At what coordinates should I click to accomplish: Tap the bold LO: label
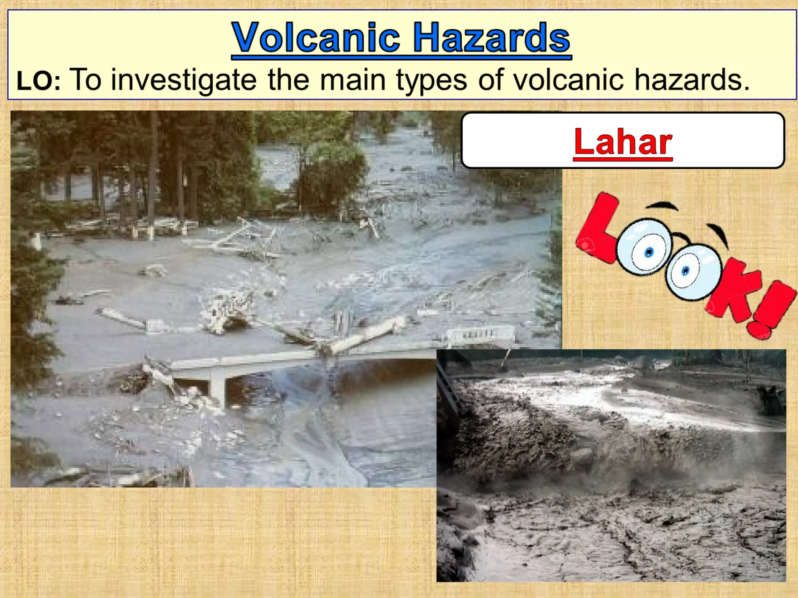coord(39,81)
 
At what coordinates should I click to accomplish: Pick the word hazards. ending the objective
coord(692,80)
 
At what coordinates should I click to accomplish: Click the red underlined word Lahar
coord(623,142)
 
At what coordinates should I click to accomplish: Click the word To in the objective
coord(87,80)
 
